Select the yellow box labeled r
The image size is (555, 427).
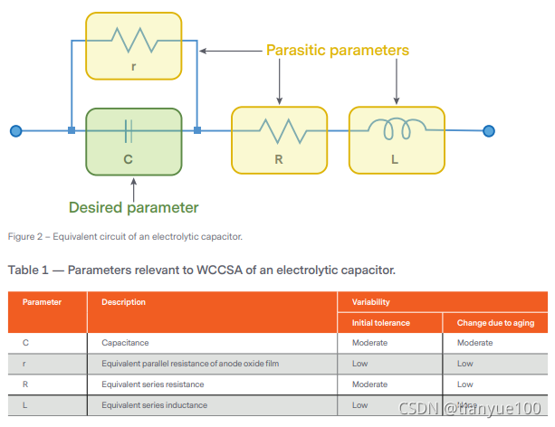(133, 44)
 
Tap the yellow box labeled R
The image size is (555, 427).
(277, 139)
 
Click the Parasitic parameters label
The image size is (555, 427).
(338, 50)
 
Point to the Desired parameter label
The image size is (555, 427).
(134, 207)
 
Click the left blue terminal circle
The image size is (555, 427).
(15, 131)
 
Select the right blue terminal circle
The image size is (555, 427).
(489, 131)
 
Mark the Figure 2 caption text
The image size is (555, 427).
(125, 237)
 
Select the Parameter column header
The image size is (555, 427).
(42, 302)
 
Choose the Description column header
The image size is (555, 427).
(123, 302)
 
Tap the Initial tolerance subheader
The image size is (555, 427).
(380, 323)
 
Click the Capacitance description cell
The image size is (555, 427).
(126, 343)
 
